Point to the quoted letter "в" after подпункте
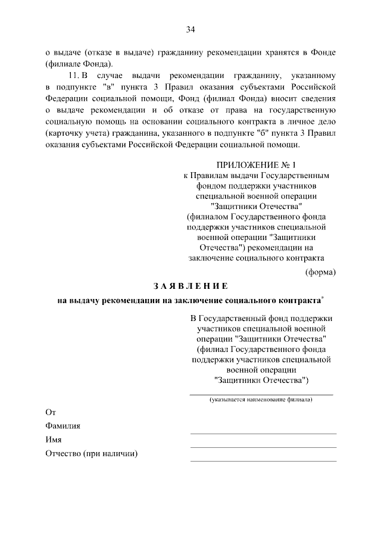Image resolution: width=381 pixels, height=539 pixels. coord(108,87)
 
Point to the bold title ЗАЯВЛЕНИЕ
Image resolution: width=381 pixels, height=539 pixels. coord(190,285)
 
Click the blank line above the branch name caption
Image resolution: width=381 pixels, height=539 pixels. coord(261,394)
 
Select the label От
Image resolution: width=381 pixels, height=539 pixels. coord(51,412)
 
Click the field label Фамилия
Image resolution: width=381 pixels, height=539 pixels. coord(63,426)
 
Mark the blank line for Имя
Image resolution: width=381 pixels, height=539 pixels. coord(263,447)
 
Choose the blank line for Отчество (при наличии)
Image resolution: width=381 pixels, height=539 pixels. coord(263,460)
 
